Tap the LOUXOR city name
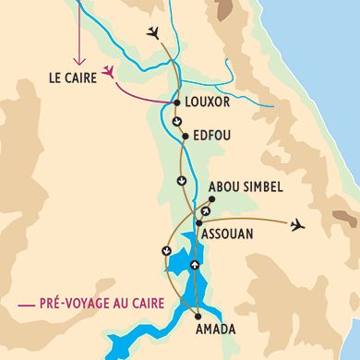207,103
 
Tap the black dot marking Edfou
185,136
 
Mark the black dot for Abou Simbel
212,198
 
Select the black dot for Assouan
199,222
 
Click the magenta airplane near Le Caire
111,71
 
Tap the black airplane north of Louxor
153,33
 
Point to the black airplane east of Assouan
296,224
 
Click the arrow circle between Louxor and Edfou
177,120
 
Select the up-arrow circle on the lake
194,266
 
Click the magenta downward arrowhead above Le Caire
78,58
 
